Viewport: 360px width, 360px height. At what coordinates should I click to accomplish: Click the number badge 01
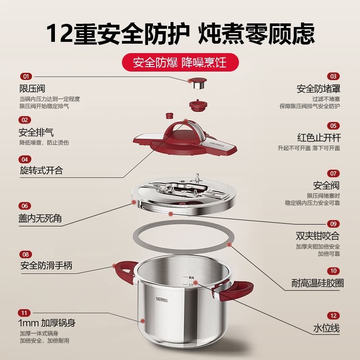pos(25,76)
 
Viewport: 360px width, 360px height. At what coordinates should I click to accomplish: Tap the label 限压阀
pos(32,89)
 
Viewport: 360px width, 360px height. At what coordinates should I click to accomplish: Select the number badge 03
pos(333,76)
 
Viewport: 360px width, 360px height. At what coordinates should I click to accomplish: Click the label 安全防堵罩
pos(318,89)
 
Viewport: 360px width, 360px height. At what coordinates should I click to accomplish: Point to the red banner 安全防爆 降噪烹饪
pos(180,62)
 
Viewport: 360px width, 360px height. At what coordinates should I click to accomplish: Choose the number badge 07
pos(333,173)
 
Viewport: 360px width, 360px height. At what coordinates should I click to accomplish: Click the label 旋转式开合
pos(41,171)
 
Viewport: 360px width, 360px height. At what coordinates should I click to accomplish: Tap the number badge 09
pos(333,224)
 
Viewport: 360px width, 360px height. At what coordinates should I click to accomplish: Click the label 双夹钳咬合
pos(318,236)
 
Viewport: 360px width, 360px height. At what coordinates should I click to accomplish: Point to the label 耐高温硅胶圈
pos(318,283)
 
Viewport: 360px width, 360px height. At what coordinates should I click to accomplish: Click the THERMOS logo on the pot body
pos(162,300)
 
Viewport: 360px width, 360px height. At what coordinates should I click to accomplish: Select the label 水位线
pos(326,328)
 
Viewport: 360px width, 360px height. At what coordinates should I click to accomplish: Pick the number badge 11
pos(25,313)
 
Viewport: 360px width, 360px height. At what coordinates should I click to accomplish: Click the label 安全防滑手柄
pos(46,266)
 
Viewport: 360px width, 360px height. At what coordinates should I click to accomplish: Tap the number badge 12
pos(333,316)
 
